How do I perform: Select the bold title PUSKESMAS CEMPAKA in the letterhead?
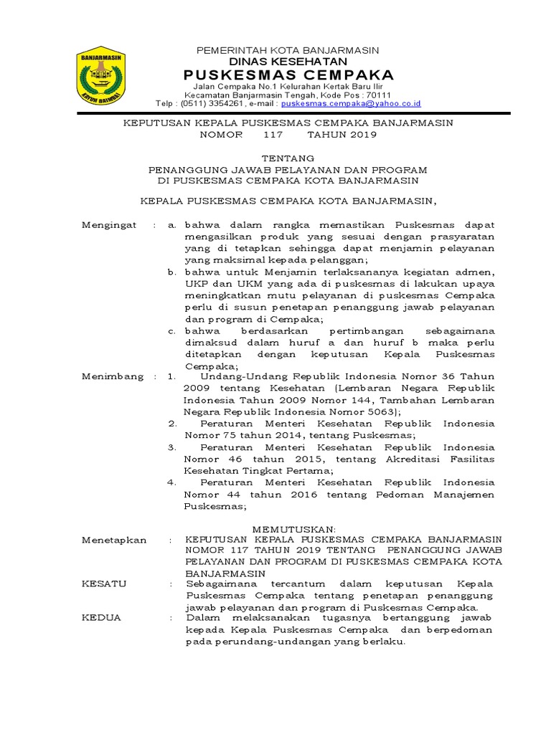click(x=288, y=75)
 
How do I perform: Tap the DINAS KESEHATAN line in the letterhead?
click(x=288, y=62)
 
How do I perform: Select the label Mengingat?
click(x=109, y=225)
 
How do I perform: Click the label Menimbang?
click(x=113, y=376)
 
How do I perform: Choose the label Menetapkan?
click(x=114, y=540)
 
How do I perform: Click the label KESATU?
click(x=104, y=583)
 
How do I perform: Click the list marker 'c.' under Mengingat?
click(x=172, y=331)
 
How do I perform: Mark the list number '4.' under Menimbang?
click(x=172, y=482)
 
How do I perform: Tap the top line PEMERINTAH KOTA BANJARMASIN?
click(x=288, y=50)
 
